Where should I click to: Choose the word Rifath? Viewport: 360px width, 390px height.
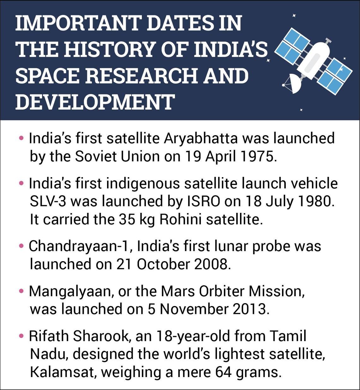coord(49,336)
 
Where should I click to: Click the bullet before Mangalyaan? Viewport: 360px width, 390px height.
coord(21,291)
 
